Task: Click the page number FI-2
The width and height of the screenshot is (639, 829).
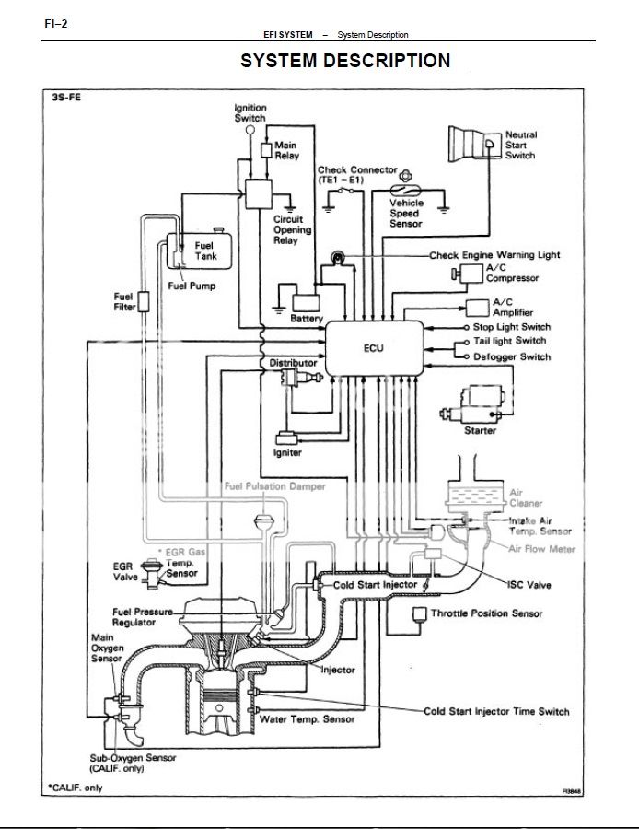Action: click(56, 23)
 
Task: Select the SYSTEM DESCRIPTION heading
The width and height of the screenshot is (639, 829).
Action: click(345, 61)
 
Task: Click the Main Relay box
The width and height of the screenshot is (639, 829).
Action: click(266, 148)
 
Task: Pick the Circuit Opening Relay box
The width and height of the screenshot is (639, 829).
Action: click(253, 193)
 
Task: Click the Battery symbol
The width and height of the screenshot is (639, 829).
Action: click(305, 302)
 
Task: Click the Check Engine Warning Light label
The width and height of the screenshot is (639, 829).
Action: click(507, 255)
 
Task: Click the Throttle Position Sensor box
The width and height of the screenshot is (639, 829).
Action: click(421, 613)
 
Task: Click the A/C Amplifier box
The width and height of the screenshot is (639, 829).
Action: click(477, 307)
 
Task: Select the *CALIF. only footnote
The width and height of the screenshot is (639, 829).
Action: click(77, 788)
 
